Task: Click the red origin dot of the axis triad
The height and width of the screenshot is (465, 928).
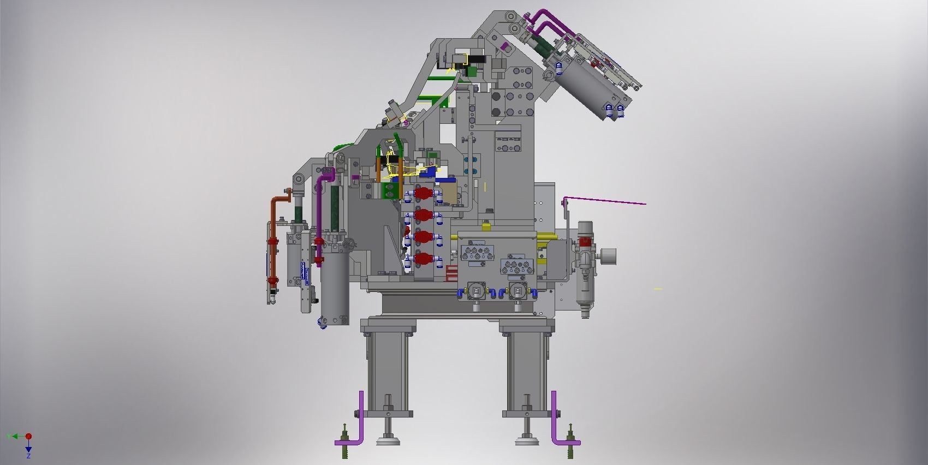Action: coord(28,436)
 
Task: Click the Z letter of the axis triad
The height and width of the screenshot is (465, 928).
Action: coord(28,455)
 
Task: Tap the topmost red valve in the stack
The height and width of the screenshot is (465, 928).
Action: coord(421,193)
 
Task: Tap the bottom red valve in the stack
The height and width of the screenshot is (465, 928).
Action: coord(421,259)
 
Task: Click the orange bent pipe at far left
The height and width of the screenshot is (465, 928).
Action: coord(273,229)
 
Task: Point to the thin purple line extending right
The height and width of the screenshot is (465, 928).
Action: coord(606,200)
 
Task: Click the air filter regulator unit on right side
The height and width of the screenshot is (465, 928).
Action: coord(585,267)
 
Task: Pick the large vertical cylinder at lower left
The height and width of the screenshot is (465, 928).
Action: coord(334,289)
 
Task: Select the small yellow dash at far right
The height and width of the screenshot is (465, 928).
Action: coord(658,289)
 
